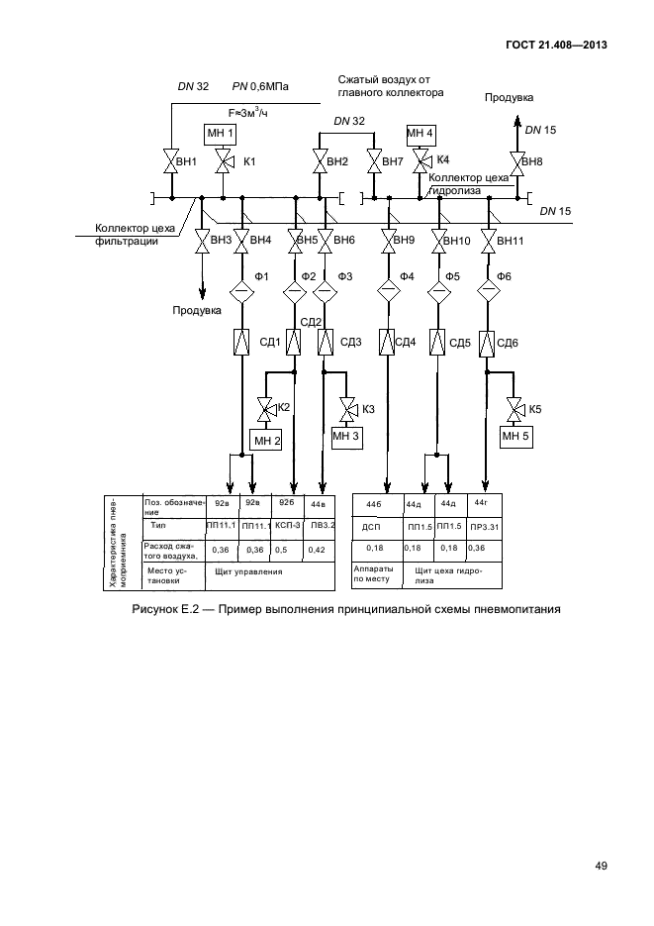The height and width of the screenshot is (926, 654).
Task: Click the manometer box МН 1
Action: (221, 133)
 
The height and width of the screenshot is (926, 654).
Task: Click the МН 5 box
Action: (516, 435)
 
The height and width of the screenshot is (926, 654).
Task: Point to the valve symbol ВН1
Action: (170, 160)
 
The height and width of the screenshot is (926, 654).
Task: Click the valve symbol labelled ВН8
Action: (514, 160)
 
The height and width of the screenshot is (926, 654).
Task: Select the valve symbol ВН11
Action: (489, 241)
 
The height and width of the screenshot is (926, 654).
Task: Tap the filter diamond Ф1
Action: (241, 291)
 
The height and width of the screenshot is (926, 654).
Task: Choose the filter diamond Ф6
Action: (488, 291)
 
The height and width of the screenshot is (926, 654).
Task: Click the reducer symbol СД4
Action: (385, 343)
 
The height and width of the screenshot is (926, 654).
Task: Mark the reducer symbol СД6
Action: (488, 343)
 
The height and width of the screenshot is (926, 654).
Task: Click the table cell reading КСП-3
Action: (289, 524)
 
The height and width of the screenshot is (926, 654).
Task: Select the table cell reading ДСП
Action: (372, 527)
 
